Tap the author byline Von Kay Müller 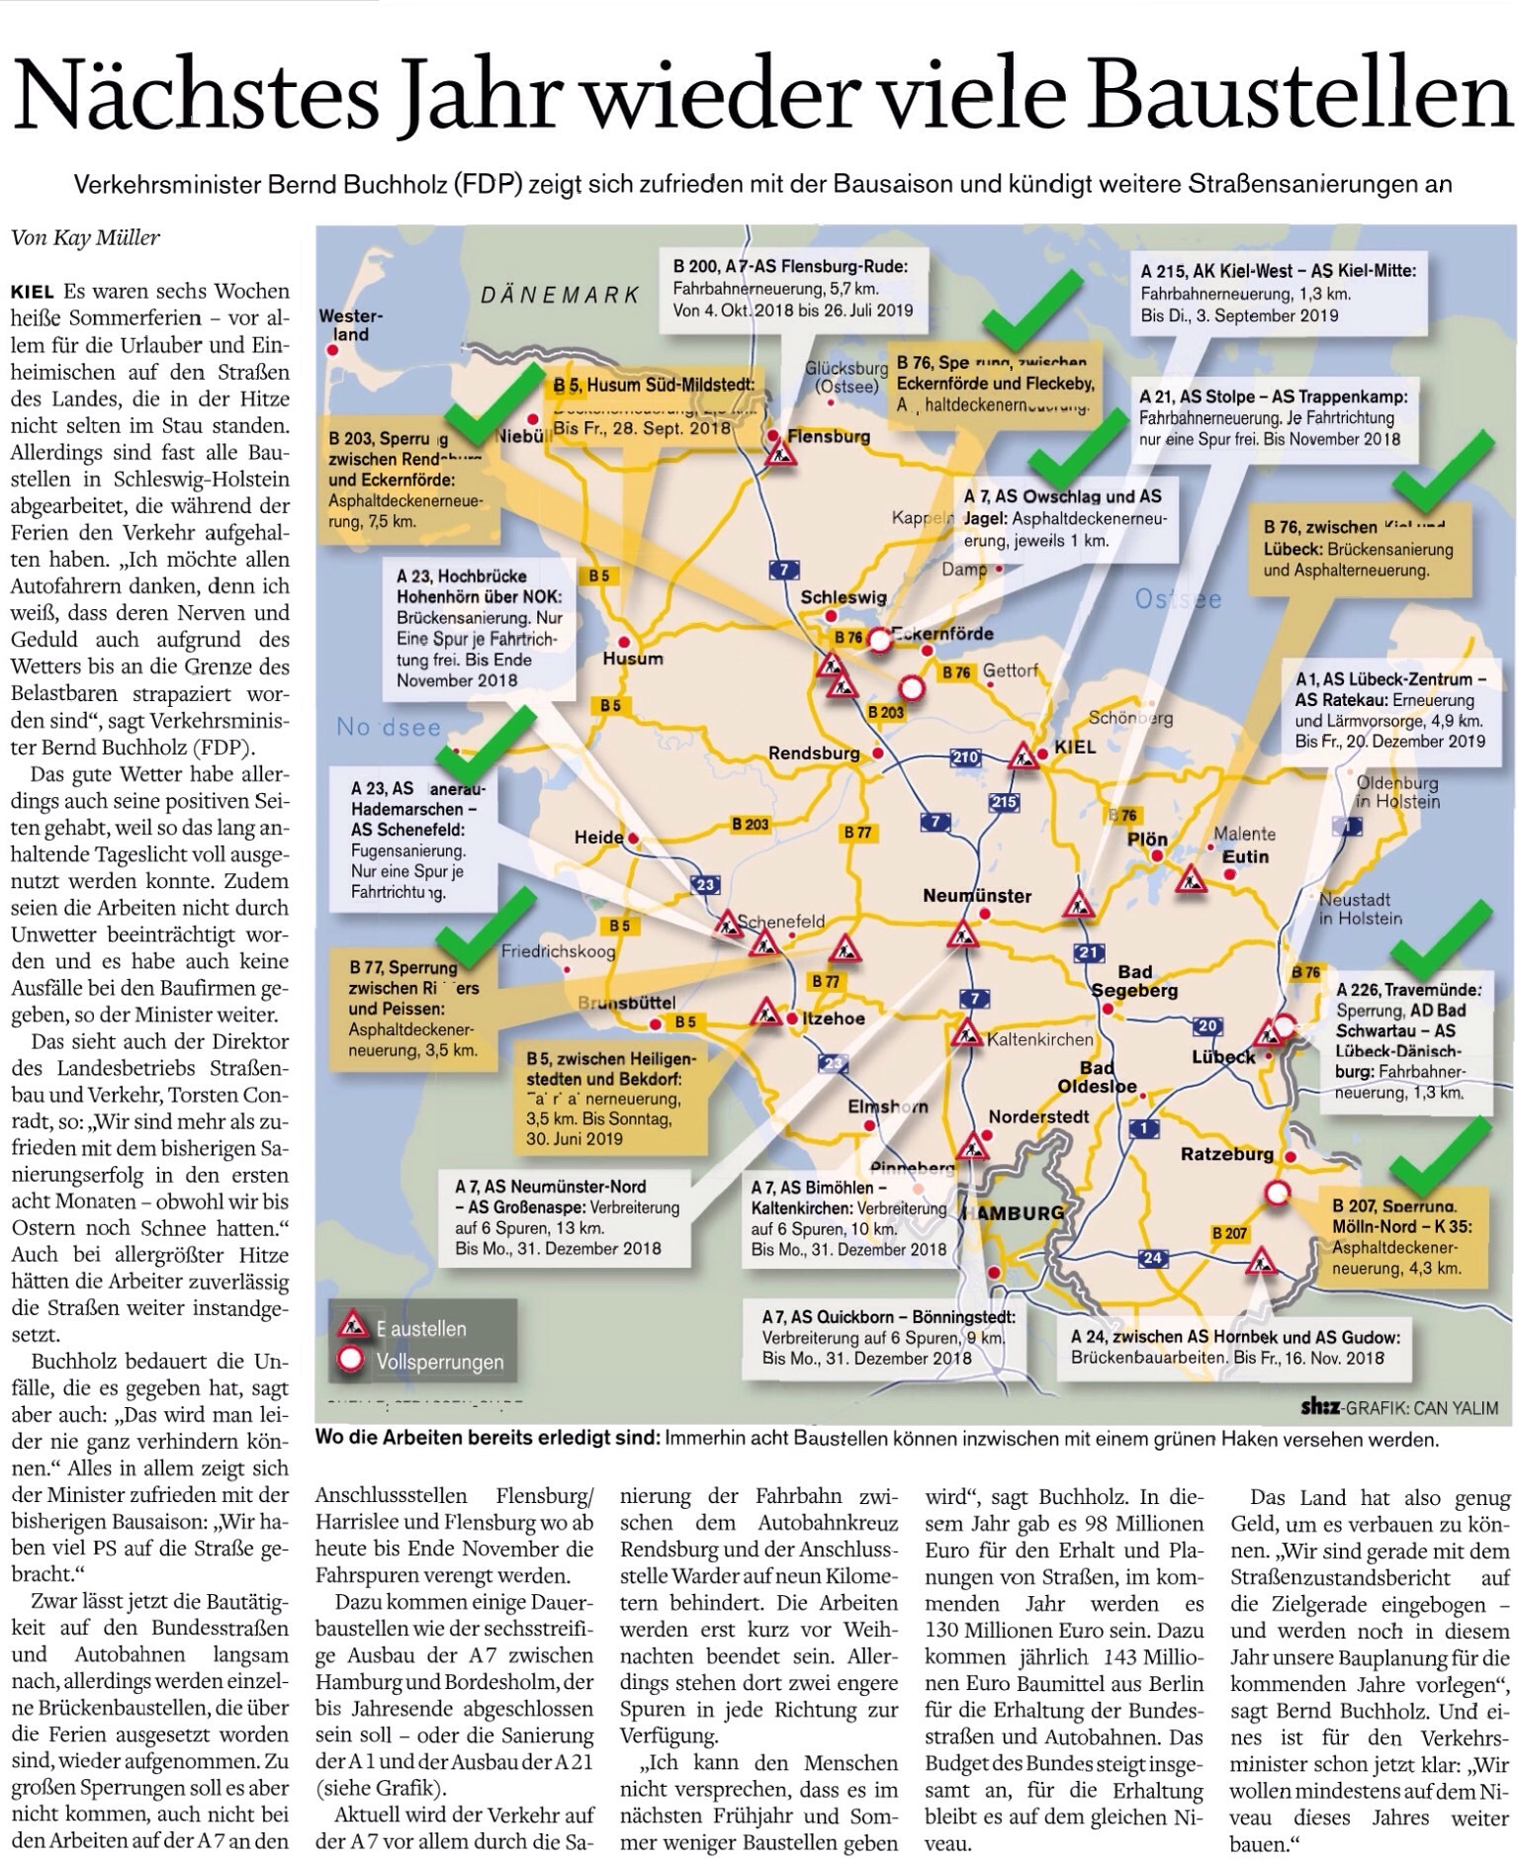click(x=85, y=237)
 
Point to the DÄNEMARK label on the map click(x=560, y=294)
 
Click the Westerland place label click(x=350, y=324)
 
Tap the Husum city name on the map click(x=633, y=659)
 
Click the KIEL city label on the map click(x=1074, y=747)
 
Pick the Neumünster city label click(x=976, y=896)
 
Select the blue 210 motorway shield click(x=964, y=757)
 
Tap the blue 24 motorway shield click(x=1152, y=1258)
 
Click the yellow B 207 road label click(x=1229, y=1233)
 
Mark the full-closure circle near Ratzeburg click(x=1278, y=1194)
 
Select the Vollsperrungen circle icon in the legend click(x=351, y=1361)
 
